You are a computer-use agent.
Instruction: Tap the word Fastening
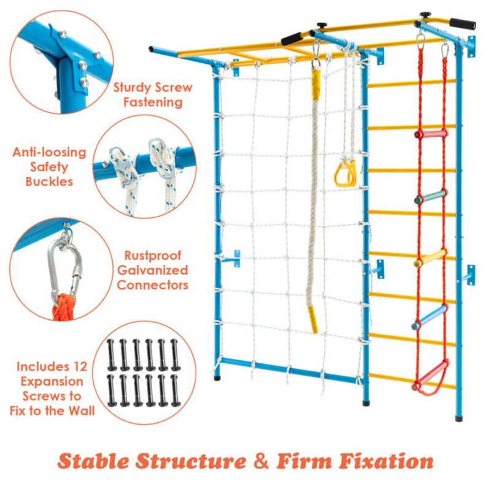click(x=153, y=102)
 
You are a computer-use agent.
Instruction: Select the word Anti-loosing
click(x=49, y=152)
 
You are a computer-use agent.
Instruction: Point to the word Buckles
click(x=49, y=181)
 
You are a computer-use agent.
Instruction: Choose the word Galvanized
click(x=152, y=270)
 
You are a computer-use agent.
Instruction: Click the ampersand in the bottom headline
click(x=258, y=461)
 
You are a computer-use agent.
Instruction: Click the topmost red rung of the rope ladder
click(x=431, y=134)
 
